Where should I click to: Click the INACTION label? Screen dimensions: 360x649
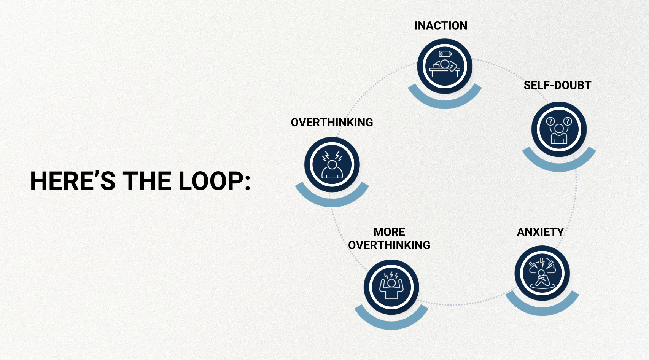point(441,25)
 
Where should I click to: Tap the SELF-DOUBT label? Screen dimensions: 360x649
point(557,85)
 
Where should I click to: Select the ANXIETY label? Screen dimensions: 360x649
point(540,232)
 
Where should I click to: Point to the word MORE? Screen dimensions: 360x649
point(389,232)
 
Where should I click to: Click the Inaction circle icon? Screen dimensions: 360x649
point(444,66)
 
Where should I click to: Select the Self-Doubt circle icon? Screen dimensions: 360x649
point(559,129)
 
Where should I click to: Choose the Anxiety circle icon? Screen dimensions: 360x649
point(542,273)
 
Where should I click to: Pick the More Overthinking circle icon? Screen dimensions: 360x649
point(391,287)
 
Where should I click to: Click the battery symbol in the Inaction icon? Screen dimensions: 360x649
point(445,54)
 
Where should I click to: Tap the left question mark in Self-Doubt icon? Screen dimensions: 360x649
point(550,121)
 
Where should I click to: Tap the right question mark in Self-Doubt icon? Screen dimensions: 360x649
point(568,121)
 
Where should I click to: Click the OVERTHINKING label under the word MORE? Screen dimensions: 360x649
point(389,245)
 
